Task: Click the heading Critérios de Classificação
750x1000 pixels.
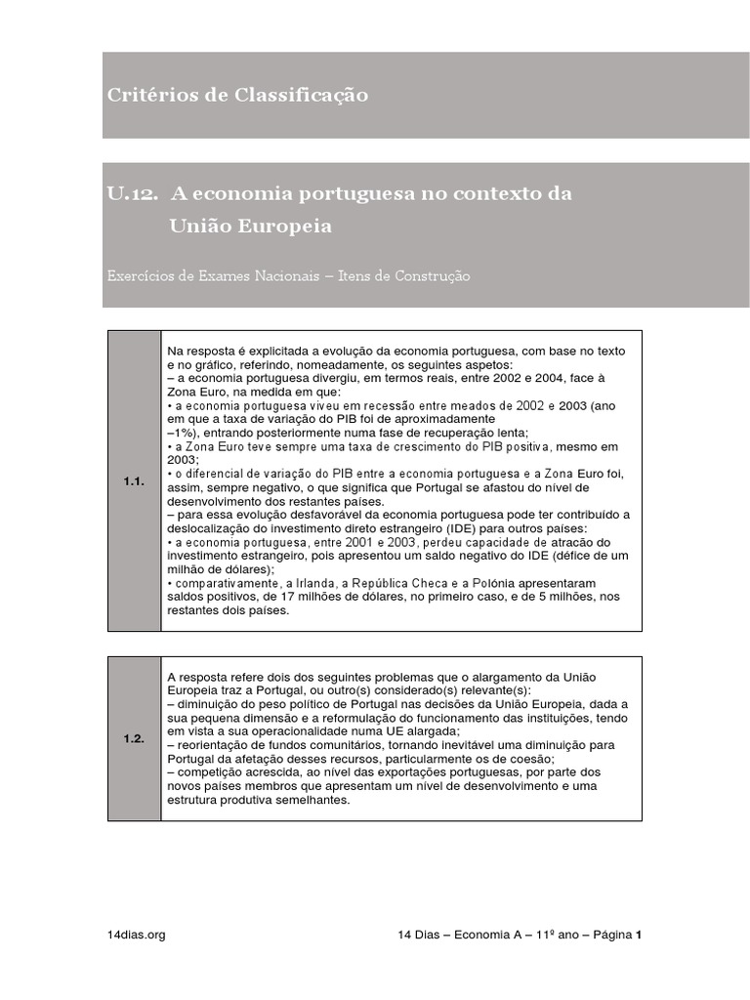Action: click(x=237, y=95)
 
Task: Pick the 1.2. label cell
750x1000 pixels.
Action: click(x=133, y=738)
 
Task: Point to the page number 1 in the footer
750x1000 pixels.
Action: click(x=638, y=934)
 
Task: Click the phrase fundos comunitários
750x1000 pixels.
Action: click(x=310, y=744)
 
